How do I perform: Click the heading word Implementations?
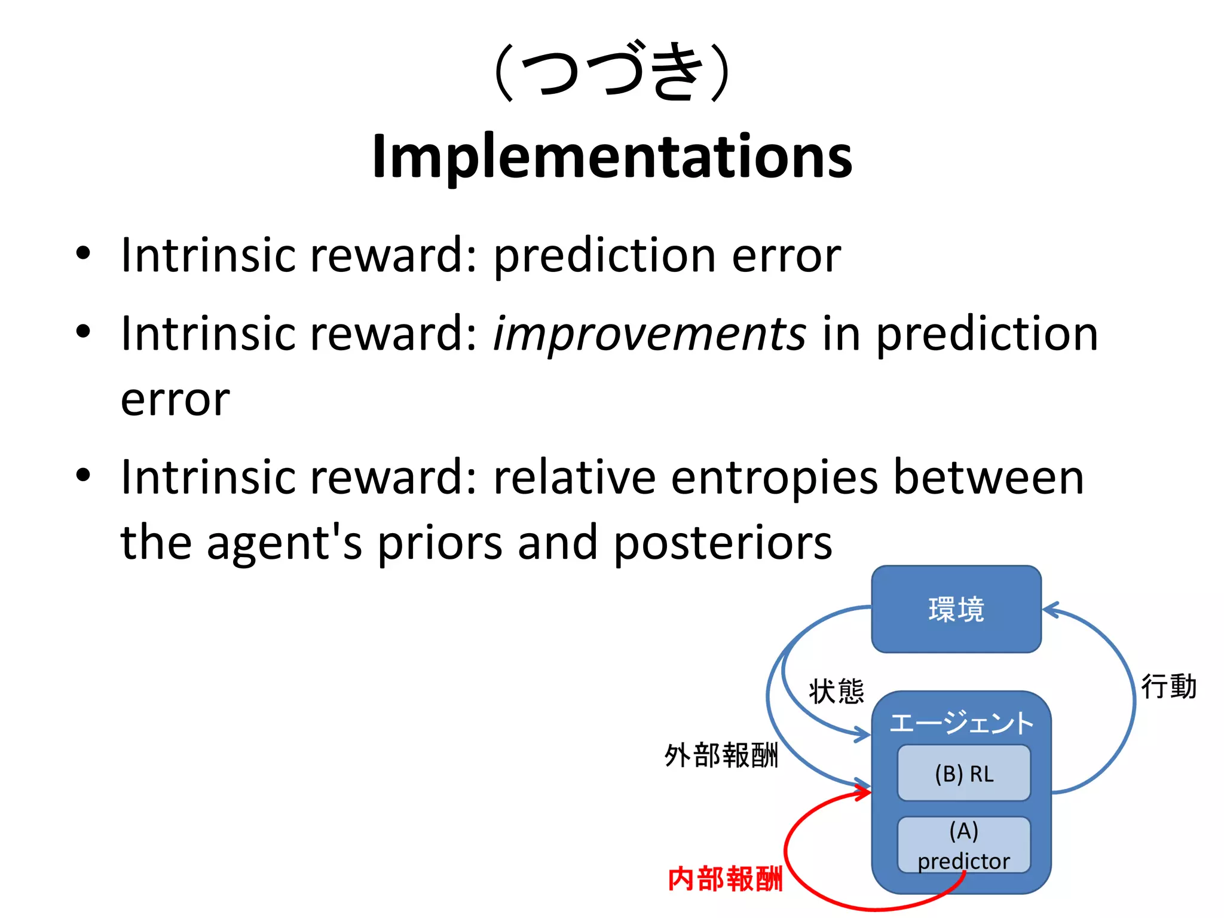(x=611, y=157)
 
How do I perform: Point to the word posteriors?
(x=723, y=543)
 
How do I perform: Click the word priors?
(x=439, y=543)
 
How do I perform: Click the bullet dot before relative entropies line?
(x=83, y=475)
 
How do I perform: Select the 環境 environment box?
(x=956, y=610)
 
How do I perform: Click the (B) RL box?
(x=963, y=773)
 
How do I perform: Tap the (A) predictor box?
(x=963, y=845)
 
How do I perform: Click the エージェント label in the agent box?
(x=961, y=723)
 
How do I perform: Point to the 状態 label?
(x=836, y=691)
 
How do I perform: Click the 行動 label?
(x=1168, y=686)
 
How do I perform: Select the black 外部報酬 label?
(x=721, y=755)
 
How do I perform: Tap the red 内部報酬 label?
(x=724, y=879)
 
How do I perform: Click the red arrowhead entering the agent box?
(x=864, y=793)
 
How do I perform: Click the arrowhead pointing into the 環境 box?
(x=1050, y=610)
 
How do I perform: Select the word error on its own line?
(x=175, y=399)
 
